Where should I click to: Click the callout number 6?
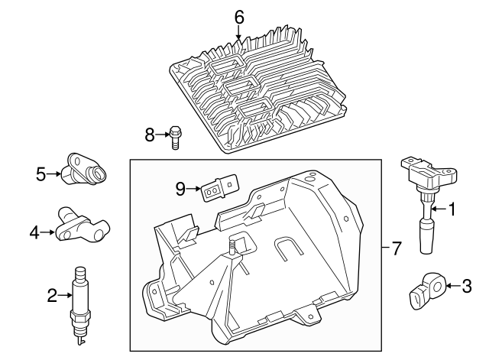coord(239,16)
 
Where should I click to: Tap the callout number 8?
coord(150,135)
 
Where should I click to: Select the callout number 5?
coord(41,174)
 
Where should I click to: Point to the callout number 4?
coord(34,230)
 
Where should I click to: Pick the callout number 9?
coord(180,189)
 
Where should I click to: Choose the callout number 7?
coord(396,249)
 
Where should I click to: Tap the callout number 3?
coord(468,287)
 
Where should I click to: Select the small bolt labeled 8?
coord(176,136)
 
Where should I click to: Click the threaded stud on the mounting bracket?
coord(229,246)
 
